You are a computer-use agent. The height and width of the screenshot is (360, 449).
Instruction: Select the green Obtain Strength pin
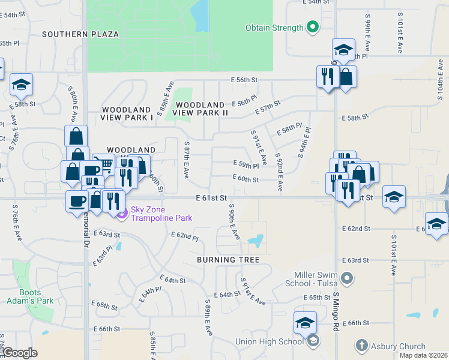point(312,28)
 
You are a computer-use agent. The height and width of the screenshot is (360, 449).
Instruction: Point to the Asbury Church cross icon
point(361,345)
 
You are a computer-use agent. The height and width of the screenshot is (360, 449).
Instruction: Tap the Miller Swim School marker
point(346,278)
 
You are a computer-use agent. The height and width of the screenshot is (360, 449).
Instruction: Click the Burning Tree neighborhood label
point(228,260)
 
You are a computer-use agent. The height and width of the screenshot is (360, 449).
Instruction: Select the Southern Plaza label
point(80,34)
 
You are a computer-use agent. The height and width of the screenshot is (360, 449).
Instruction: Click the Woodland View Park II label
point(200,108)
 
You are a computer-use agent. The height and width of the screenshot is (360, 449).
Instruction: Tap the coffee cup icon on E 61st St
point(77,201)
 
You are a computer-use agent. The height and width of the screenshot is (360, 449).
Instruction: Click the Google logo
point(20,353)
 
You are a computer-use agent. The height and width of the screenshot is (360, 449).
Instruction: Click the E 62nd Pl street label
point(186,238)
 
